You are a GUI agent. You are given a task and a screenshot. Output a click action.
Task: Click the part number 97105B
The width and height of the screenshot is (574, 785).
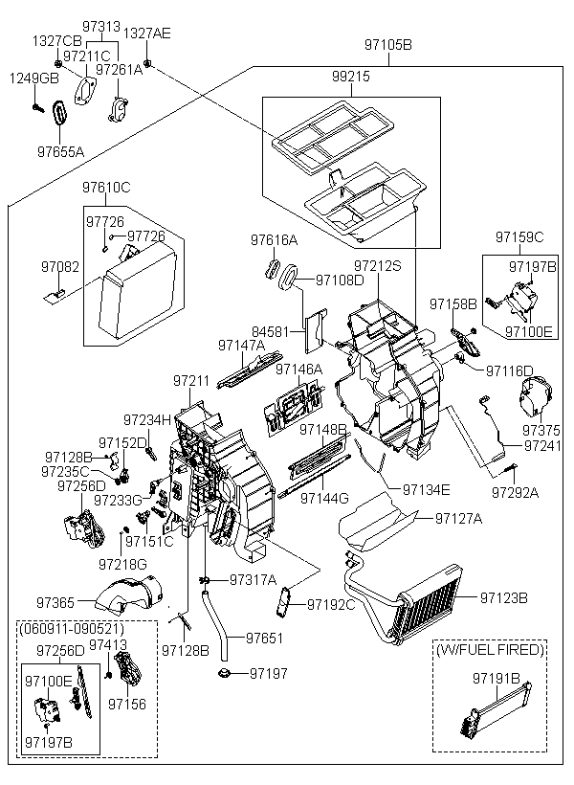pyautogui.click(x=388, y=45)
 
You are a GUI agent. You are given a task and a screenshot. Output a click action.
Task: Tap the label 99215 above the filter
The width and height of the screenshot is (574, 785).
pyautogui.click(x=351, y=75)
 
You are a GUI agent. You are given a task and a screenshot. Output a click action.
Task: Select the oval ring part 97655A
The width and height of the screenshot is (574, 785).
pyautogui.click(x=59, y=115)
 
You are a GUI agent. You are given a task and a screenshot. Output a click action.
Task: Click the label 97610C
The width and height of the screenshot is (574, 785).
pyautogui.click(x=105, y=187)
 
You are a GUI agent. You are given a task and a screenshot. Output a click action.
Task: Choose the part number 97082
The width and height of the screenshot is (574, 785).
pyautogui.click(x=60, y=266)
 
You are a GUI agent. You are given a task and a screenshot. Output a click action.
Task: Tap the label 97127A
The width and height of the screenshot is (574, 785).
pyautogui.click(x=459, y=519)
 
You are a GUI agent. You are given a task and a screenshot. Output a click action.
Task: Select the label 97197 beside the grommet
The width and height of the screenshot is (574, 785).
pyautogui.click(x=269, y=674)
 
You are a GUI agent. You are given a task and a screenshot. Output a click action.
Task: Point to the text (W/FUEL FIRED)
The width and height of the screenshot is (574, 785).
pyautogui.click(x=490, y=650)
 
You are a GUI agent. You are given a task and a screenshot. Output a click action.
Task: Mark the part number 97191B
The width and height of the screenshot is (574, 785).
pyautogui.click(x=496, y=679)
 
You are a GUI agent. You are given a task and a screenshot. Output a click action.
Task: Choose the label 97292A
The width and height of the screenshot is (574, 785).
pyautogui.click(x=516, y=493)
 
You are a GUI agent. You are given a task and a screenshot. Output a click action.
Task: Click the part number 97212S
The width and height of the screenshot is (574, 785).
pyautogui.click(x=378, y=265)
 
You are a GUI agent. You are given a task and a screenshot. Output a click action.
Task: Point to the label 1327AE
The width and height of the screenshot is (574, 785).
pyautogui.click(x=147, y=34)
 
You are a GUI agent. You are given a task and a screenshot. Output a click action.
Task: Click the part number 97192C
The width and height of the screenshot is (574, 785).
pyautogui.click(x=331, y=604)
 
